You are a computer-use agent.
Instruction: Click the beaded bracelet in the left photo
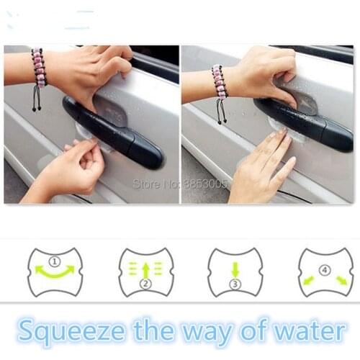pyautogui.click(x=37, y=68)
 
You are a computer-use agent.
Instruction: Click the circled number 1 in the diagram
pyautogui.click(x=55, y=261)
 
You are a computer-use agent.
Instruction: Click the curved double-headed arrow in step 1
pyautogui.click(x=55, y=271)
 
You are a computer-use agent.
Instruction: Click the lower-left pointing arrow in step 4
pyautogui.click(x=309, y=279)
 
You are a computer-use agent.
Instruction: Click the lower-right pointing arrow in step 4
pyautogui.click(x=341, y=279)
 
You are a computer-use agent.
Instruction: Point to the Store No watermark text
pyautogui.click(x=180, y=184)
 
